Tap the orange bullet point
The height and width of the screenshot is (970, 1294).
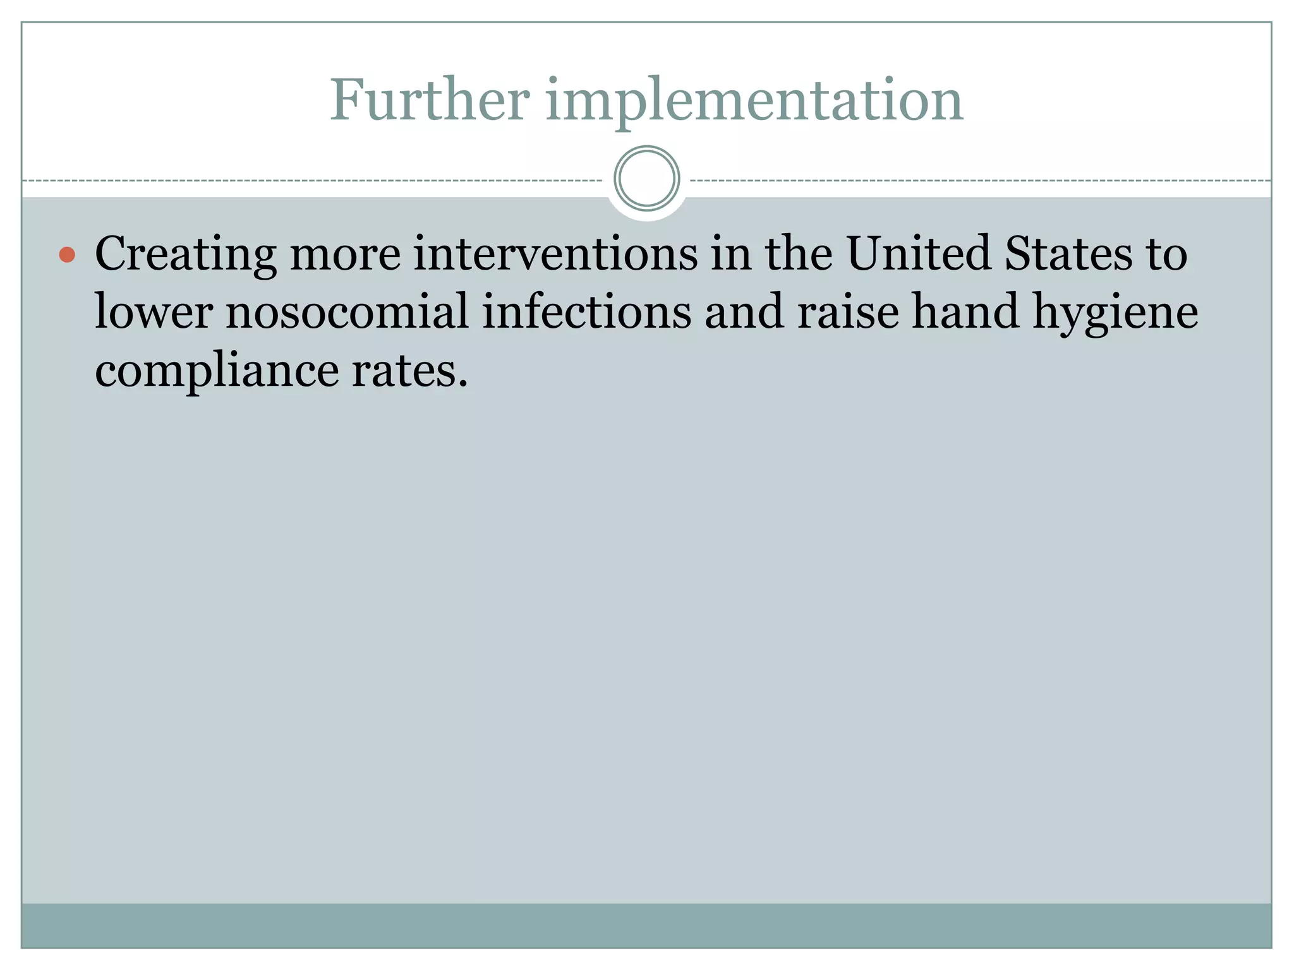[x=67, y=254]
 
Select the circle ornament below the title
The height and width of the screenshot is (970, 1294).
[x=646, y=179]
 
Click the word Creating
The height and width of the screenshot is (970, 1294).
[x=185, y=254]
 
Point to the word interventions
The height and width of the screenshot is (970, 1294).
[x=555, y=253]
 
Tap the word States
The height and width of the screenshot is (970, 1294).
[x=1068, y=253]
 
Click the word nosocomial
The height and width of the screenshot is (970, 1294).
[x=348, y=311]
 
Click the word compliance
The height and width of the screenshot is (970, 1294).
[x=217, y=371]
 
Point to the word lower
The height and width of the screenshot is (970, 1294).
[x=154, y=311]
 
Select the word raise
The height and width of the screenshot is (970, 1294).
[x=847, y=311]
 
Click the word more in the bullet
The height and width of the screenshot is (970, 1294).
[x=345, y=254]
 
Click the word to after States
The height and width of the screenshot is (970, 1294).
[x=1166, y=254]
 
